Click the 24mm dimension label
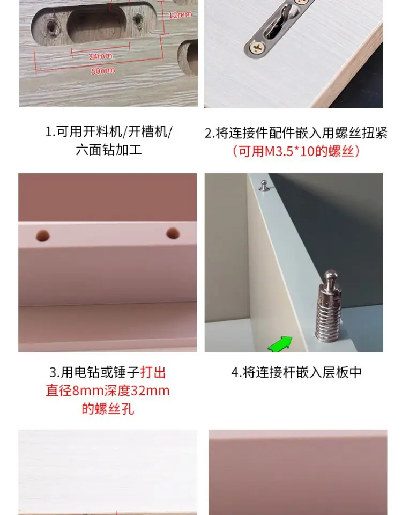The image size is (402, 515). [x=100, y=56]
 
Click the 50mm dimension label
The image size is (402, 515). [x=103, y=71]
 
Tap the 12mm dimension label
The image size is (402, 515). [x=180, y=15]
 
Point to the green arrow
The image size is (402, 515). [x=280, y=344]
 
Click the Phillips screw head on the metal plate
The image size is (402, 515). [x=257, y=48]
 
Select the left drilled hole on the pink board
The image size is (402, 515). [x=43, y=236]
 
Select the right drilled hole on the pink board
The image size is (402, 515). [x=173, y=233]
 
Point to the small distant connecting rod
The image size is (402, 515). [x=264, y=185]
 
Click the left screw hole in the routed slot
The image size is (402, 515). [x=51, y=27]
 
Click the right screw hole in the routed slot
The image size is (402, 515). [x=138, y=21]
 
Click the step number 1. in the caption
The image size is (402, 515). [x=50, y=132]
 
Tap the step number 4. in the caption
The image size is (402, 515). [x=236, y=372]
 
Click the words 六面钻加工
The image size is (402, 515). [x=109, y=150]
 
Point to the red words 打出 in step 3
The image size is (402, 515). [x=153, y=372]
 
